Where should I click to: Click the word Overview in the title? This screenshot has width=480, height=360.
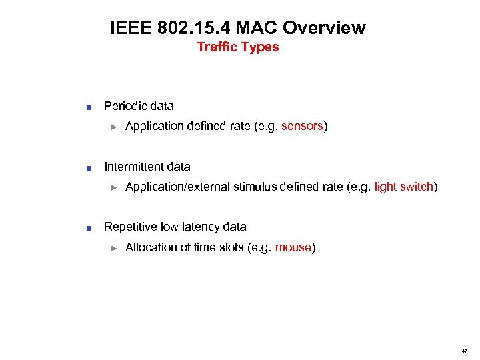(325, 28)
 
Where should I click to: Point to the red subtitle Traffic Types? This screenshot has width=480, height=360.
(238, 47)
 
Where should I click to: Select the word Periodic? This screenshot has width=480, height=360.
(125, 106)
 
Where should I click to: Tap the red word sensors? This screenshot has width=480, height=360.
(302, 127)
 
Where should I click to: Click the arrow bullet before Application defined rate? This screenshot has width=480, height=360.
(114, 127)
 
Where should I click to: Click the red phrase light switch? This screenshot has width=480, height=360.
(404, 187)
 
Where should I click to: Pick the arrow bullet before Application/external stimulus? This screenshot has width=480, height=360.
(114, 187)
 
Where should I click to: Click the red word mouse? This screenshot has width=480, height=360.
(293, 247)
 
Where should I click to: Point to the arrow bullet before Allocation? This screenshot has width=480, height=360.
(114, 248)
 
